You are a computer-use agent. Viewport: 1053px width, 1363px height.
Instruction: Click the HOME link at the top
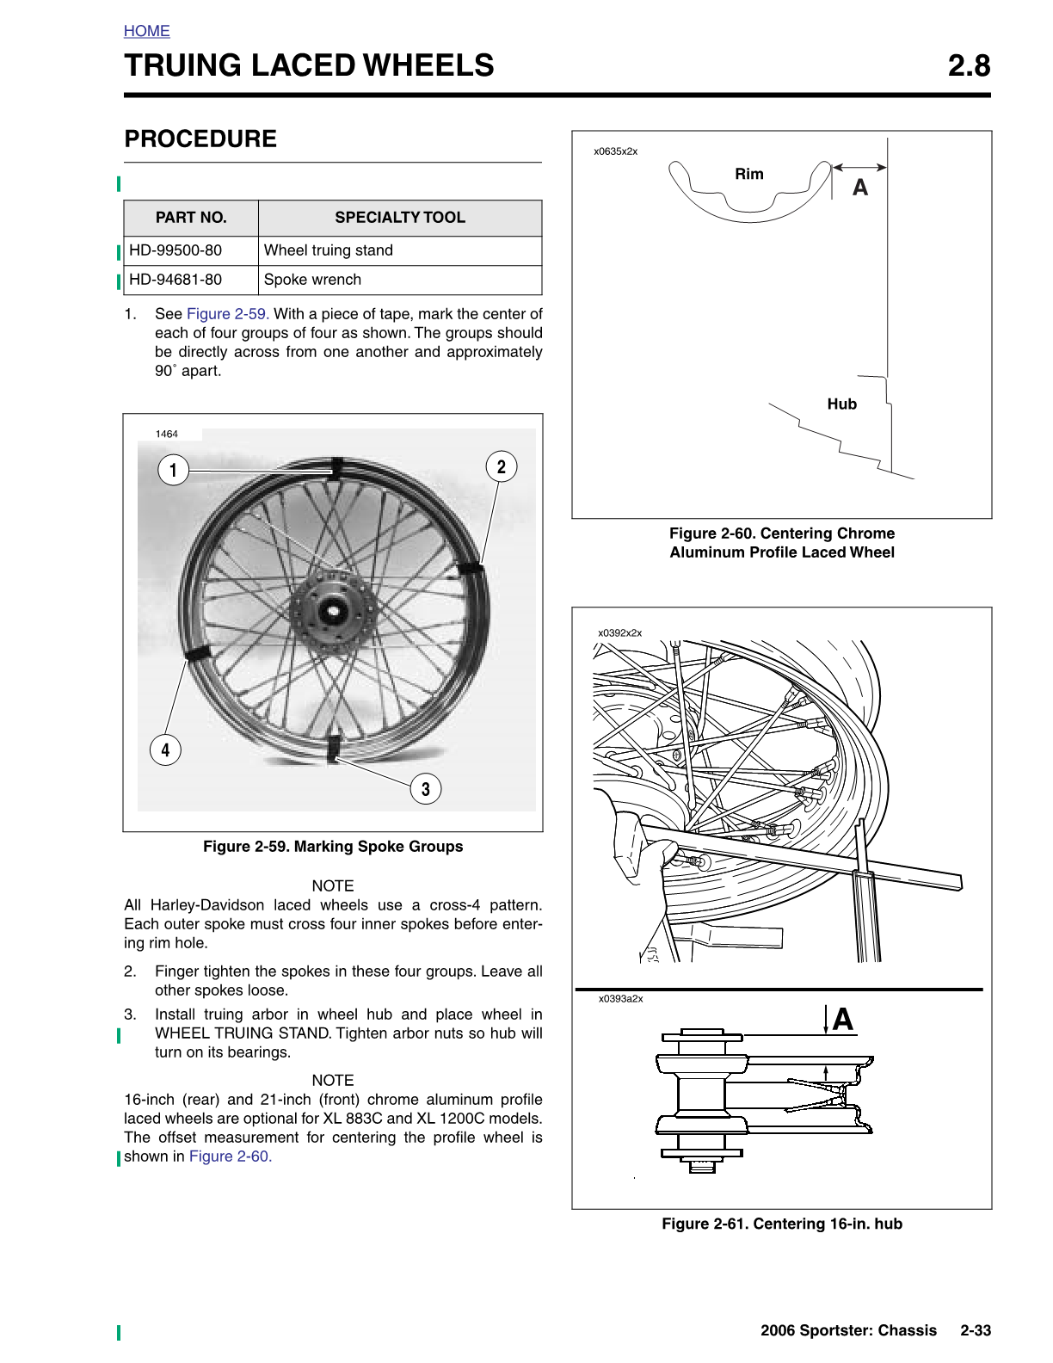pyautogui.click(x=146, y=31)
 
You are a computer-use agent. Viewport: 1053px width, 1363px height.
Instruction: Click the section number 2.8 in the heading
pyautogui.click(x=969, y=65)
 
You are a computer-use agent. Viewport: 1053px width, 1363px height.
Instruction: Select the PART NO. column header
pyautogui.click(x=191, y=218)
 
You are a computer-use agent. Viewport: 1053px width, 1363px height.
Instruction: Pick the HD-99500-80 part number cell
pyautogui.click(x=175, y=250)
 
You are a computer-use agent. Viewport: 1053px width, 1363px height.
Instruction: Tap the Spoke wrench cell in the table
pyautogui.click(x=312, y=280)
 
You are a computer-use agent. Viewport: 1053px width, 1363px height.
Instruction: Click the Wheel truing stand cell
pyautogui.click(x=328, y=250)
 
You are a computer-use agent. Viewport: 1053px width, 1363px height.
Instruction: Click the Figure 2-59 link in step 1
pyautogui.click(x=227, y=314)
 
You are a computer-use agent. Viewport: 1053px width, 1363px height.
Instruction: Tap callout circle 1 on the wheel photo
pyautogui.click(x=173, y=470)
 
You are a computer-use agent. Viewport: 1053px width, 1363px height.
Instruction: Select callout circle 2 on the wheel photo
pyautogui.click(x=501, y=467)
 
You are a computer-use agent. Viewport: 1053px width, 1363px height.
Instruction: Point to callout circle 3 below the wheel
pyautogui.click(x=425, y=788)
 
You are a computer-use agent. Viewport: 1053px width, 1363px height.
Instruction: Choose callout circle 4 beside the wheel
pyautogui.click(x=165, y=750)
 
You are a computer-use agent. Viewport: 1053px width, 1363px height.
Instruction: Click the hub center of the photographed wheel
pyautogui.click(x=330, y=613)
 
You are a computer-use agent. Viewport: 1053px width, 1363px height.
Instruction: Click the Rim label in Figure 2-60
pyautogui.click(x=749, y=174)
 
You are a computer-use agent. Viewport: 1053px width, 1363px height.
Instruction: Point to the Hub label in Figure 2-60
pyautogui.click(x=841, y=404)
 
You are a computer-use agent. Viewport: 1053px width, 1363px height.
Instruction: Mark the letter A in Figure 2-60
pyautogui.click(x=859, y=188)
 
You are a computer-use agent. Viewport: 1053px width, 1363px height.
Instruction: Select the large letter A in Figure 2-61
pyautogui.click(x=842, y=1020)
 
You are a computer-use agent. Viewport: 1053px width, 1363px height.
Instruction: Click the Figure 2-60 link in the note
pyautogui.click(x=230, y=1156)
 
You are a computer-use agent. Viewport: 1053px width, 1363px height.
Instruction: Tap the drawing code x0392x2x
pyautogui.click(x=619, y=632)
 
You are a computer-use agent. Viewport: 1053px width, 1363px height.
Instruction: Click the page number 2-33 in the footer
pyautogui.click(x=976, y=1330)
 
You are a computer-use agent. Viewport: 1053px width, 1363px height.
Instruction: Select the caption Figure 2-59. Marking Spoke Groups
pyautogui.click(x=333, y=847)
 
